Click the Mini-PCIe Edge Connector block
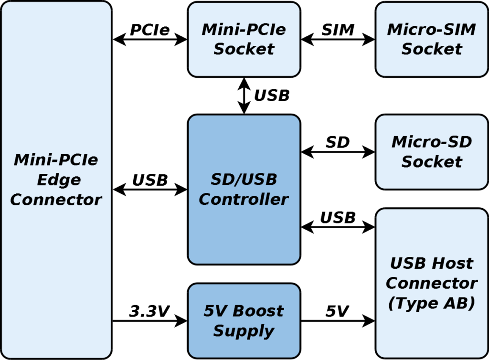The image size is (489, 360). pos(56,180)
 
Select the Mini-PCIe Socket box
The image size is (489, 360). pos(244,39)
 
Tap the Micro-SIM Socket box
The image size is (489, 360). pos(431,39)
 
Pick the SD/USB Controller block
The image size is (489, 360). pos(244,189)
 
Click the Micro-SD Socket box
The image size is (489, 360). pos(431,152)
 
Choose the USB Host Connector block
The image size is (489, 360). pos(431,283)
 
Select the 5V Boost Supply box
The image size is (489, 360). pos(244,320)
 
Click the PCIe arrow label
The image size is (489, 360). pos(149,30)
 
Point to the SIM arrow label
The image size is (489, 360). pos(338,30)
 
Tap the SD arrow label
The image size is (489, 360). pos(338,142)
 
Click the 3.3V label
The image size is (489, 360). pos(149,311)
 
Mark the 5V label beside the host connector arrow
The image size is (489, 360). pos(337,311)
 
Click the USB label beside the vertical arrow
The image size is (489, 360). pos(272,95)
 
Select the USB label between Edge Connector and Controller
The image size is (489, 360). pos(150,180)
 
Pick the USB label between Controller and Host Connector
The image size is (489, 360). pos(338,218)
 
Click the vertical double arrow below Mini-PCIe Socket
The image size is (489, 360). pos(244,95)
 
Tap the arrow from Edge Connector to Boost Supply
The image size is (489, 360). pos(149,321)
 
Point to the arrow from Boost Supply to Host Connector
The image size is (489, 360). pos(338,321)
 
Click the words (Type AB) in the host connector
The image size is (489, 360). pos(431,303)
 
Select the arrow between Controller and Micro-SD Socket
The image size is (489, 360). pos(338,152)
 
